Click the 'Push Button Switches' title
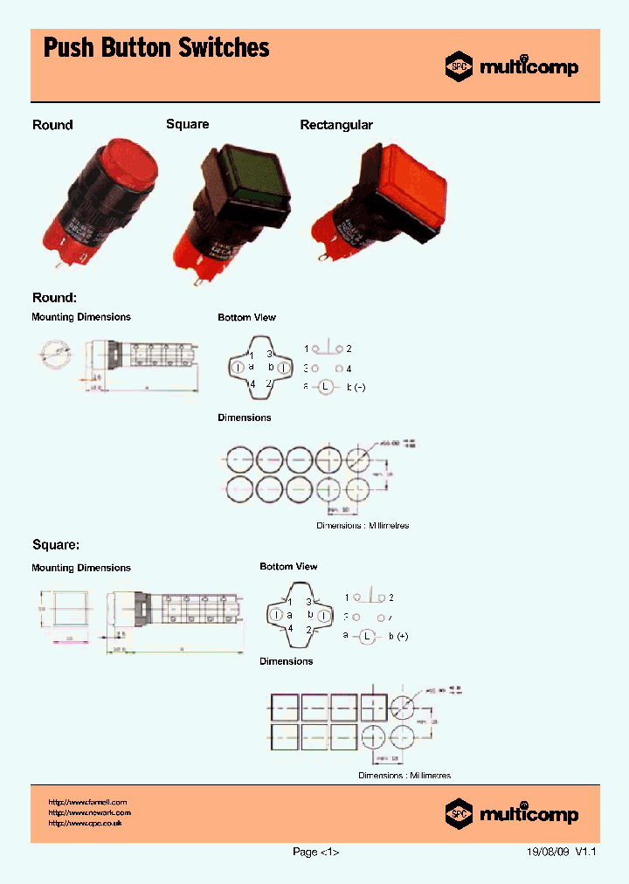(x=156, y=48)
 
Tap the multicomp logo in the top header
(x=512, y=66)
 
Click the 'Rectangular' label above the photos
(x=336, y=125)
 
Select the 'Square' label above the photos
(x=188, y=124)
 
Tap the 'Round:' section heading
(x=54, y=297)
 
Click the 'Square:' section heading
(x=56, y=544)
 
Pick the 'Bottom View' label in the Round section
(x=246, y=317)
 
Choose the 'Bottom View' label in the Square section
(x=288, y=567)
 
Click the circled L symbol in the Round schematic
(x=325, y=386)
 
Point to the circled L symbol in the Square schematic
(x=368, y=636)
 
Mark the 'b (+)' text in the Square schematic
(x=398, y=636)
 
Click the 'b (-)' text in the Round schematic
(x=356, y=386)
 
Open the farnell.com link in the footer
(x=88, y=802)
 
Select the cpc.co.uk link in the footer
(x=85, y=823)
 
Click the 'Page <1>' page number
(x=315, y=853)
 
